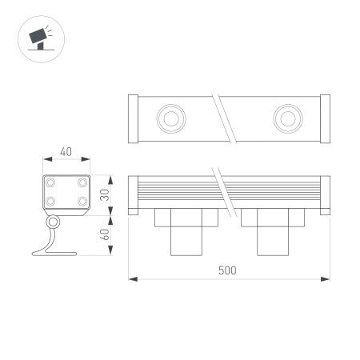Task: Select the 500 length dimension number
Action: click(227, 270)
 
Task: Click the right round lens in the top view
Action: click(285, 118)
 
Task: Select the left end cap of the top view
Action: click(133, 118)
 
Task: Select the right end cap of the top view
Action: click(324, 118)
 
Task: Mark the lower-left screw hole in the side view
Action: click(51, 201)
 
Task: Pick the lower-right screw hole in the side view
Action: click(81, 201)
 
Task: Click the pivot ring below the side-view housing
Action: click(54, 222)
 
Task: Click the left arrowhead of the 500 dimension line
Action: click(133, 279)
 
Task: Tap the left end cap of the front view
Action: click(133, 194)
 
